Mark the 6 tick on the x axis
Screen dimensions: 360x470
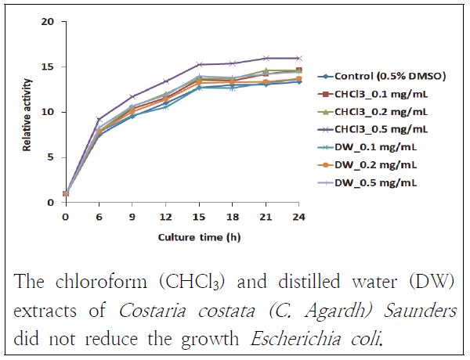tap(99, 214)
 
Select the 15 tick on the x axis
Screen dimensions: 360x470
tap(200, 214)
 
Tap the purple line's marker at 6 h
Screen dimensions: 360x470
tap(99, 120)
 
